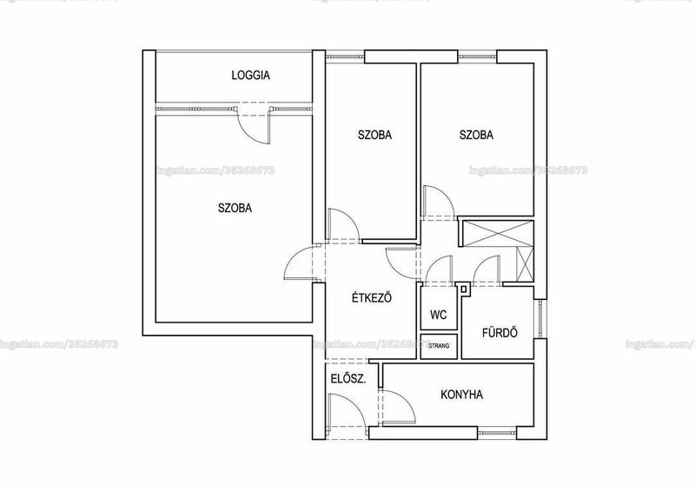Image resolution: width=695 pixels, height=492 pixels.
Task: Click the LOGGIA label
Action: (x=250, y=75)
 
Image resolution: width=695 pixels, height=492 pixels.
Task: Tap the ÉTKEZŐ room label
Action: (x=372, y=297)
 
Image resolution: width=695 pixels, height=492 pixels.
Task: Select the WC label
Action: (x=439, y=315)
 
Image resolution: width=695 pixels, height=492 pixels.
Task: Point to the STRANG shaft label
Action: (x=439, y=346)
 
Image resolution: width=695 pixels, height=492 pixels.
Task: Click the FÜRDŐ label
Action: (x=500, y=332)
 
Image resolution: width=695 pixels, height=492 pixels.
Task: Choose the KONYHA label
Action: (x=462, y=395)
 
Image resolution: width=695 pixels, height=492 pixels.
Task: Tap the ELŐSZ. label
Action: (x=348, y=379)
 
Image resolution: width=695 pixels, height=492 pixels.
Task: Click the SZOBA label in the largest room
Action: (x=235, y=208)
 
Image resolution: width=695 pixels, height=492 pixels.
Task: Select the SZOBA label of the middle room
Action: (x=375, y=135)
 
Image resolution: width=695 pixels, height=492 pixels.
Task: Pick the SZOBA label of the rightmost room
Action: (x=476, y=135)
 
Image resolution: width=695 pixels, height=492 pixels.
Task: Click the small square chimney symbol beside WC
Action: (x=464, y=289)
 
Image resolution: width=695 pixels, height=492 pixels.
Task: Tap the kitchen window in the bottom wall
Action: (x=497, y=433)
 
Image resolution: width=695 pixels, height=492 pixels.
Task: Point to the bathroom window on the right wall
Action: (x=539, y=318)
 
